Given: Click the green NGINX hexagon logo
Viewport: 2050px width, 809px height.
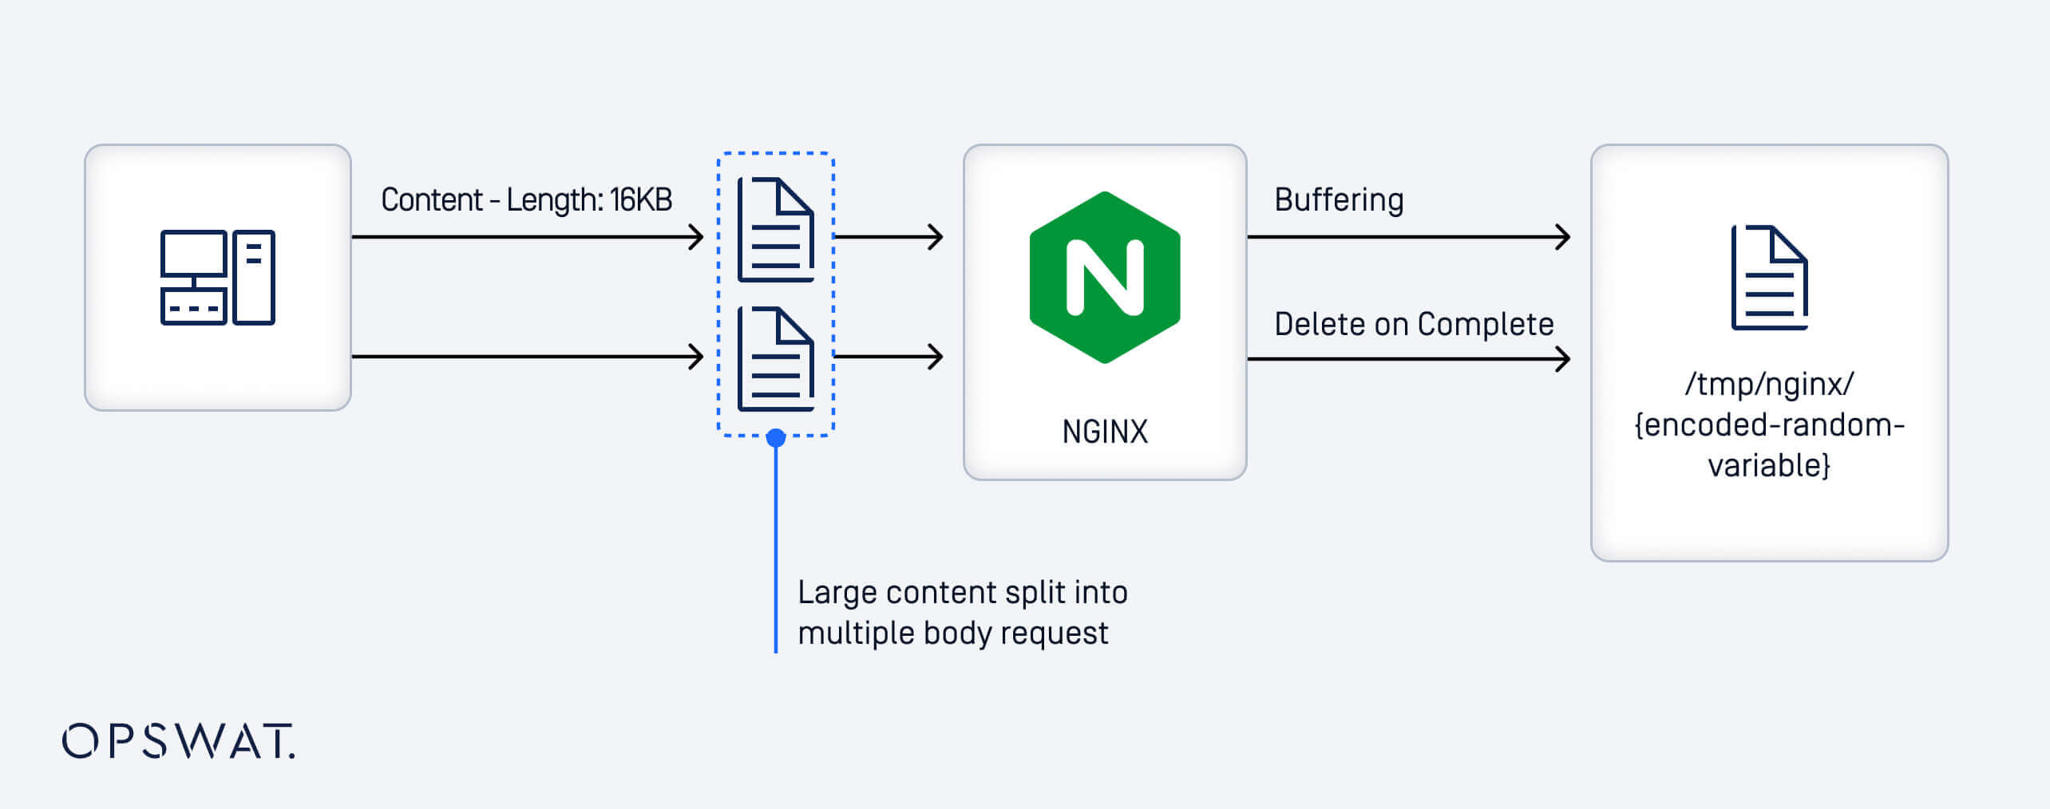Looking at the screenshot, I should coord(1105,277).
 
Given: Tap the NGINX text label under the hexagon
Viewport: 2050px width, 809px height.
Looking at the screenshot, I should coord(1105,432).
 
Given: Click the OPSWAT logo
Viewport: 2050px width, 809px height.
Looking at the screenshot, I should coord(179,741).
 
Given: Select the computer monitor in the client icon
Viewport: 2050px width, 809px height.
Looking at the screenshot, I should coord(193,254).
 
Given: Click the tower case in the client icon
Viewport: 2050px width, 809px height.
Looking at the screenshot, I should coord(254,277).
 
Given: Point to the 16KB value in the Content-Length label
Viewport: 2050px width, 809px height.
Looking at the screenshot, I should coord(641,199).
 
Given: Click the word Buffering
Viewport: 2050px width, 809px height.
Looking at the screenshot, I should coord(1339,199).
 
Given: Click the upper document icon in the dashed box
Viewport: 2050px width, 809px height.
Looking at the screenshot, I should coord(775,230).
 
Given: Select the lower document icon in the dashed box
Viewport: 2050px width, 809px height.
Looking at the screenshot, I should coord(775,359).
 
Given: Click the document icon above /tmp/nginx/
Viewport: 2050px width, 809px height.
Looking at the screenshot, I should coord(1769,278).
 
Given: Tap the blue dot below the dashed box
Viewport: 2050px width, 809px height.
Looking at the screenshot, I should coord(775,437).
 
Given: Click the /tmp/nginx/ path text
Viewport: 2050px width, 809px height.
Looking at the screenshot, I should coord(1769,384).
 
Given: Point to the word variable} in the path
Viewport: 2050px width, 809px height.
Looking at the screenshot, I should coord(1769,465).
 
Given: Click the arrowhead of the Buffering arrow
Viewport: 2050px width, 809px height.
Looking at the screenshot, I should coord(1563,237).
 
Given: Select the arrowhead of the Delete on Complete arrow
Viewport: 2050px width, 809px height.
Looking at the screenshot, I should coord(1563,359).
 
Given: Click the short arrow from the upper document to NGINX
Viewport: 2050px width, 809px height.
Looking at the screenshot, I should coord(888,237).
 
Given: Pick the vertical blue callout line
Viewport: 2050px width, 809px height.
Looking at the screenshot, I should coord(775,551).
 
